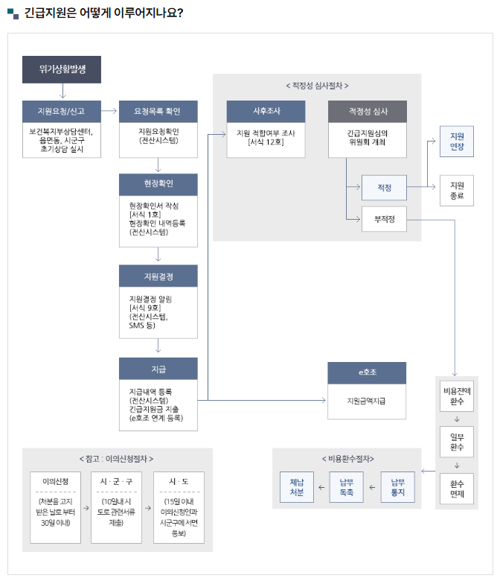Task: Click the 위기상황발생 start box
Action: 62,69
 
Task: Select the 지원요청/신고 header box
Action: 62,112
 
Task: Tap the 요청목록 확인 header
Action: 158,112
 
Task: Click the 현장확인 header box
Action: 158,185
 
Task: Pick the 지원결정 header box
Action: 158,276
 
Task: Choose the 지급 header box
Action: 158,368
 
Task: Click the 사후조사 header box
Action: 266,112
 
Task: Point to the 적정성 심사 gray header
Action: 368,112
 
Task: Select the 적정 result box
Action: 384,188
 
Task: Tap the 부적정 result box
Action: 384,219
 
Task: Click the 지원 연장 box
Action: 457,142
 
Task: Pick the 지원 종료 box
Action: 457,191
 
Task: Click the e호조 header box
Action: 367,372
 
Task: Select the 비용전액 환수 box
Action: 457,396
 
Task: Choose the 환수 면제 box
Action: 457,489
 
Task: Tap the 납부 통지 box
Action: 398,488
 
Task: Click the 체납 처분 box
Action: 297,488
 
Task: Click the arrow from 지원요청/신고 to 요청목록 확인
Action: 109,112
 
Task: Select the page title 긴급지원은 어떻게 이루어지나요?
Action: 104,13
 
